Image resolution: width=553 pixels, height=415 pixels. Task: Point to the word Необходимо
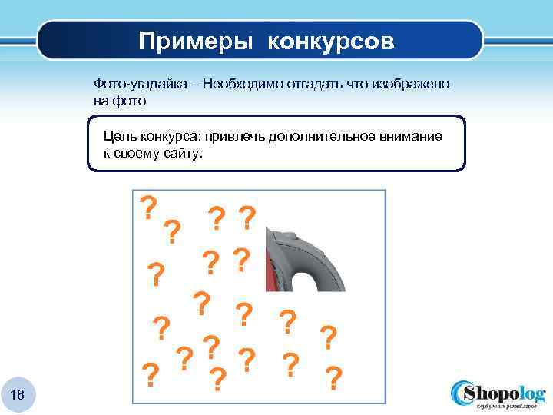[x=245, y=83]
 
